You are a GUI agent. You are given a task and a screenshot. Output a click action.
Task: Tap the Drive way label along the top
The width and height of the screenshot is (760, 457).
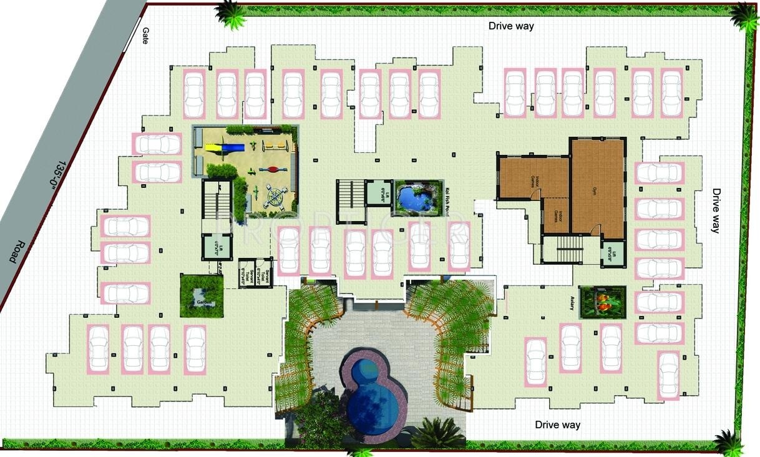click(511, 26)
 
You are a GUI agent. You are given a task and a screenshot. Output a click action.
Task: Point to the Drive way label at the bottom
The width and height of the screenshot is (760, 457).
click(557, 425)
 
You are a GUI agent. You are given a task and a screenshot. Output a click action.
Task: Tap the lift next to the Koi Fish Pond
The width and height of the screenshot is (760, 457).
click(377, 193)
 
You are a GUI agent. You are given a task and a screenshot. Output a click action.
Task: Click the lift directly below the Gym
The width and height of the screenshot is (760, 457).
click(612, 255)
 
